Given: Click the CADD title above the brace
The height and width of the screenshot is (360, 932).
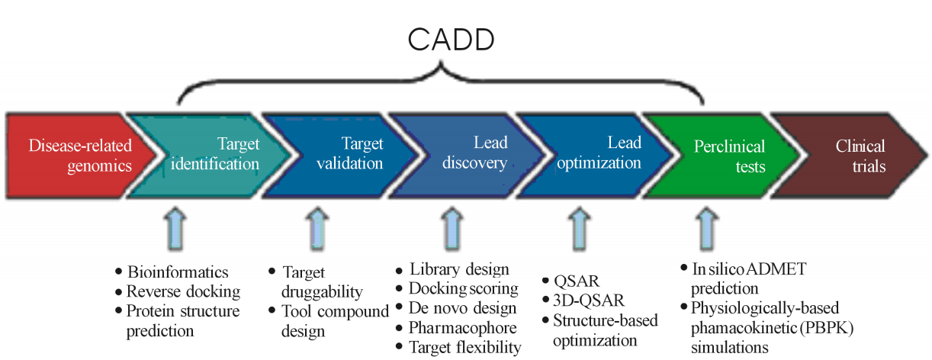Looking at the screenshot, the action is pyautogui.click(x=451, y=40).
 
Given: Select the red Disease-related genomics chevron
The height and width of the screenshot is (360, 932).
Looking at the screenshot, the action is pyautogui.click(x=79, y=156).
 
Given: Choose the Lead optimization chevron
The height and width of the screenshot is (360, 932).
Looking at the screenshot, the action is pyautogui.click(x=595, y=156).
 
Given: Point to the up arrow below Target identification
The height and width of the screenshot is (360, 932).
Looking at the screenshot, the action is pyautogui.click(x=175, y=229).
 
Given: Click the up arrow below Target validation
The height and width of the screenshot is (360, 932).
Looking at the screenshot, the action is pyautogui.click(x=317, y=229).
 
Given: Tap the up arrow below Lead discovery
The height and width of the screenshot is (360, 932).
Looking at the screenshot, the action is pyautogui.click(x=452, y=229).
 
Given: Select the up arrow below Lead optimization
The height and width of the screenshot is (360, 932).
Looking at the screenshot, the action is pyautogui.click(x=579, y=229).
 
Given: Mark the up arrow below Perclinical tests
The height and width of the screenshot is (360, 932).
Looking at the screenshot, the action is pyautogui.click(x=706, y=229).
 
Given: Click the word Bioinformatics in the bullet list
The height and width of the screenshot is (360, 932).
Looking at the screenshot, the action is pyautogui.click(x=178, y=272).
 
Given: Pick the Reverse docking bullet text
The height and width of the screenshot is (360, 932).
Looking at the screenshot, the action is pyautogui.click(x=184, y=292).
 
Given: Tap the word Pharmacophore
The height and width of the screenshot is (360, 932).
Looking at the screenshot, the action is pyautogui.click(x=463, y=328).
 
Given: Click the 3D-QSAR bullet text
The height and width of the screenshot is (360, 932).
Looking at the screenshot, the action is pyautogui.click(x=589, y=301).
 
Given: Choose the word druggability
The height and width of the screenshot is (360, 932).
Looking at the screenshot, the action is pyautogui.click(x=322, y=292).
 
